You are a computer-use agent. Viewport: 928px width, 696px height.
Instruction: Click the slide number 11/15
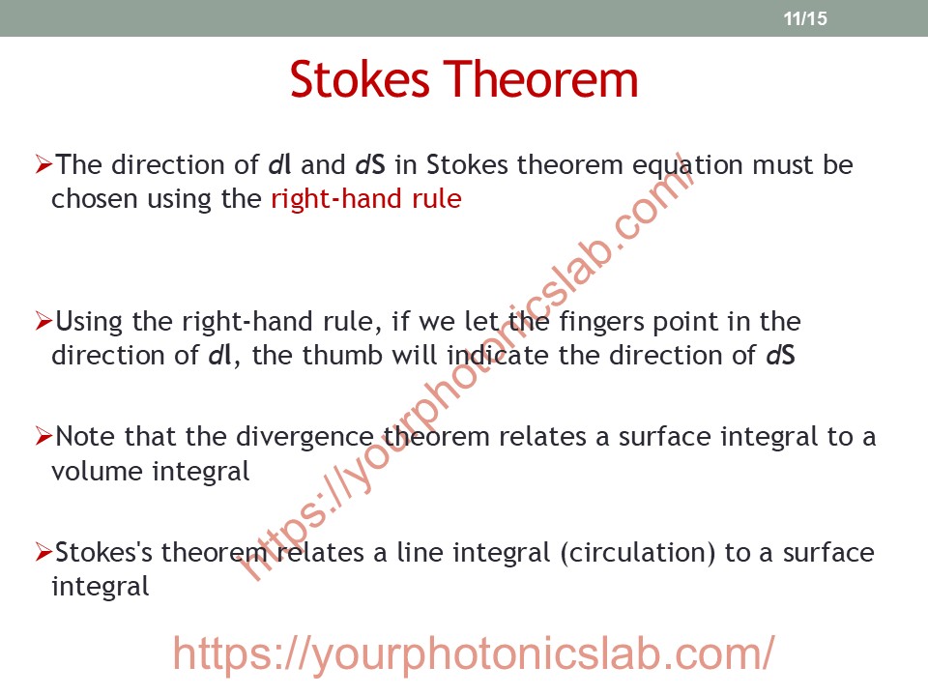pos(805,18)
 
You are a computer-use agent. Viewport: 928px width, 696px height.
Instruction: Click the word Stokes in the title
pos(360,79)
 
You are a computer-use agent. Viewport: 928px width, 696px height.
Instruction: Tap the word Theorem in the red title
pos(541,79)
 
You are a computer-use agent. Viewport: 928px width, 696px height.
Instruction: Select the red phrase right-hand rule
pos(365,199)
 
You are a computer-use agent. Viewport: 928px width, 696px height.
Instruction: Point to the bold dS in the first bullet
pos(370,164)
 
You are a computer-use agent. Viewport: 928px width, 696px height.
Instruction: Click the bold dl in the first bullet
pos(280,164)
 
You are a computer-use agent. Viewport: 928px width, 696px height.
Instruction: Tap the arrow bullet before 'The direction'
pos(43,164)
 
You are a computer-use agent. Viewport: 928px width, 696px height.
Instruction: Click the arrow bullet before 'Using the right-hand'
pos(43,321)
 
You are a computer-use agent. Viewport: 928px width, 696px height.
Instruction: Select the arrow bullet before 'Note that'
pos(43,436)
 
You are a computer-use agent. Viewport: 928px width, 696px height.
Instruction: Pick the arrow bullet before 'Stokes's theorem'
pos(43,552)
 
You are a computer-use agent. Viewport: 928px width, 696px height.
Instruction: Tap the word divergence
pos(304,438)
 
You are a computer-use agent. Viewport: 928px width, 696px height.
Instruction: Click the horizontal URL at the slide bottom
pos(474,654)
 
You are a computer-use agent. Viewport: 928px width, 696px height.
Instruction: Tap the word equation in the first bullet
pos(687,165)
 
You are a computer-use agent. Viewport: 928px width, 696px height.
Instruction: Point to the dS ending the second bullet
pos(781,355)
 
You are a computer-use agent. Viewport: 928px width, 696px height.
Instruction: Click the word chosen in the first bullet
pos(95,199)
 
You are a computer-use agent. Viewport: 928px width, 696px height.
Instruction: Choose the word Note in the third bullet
pos(86,436)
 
